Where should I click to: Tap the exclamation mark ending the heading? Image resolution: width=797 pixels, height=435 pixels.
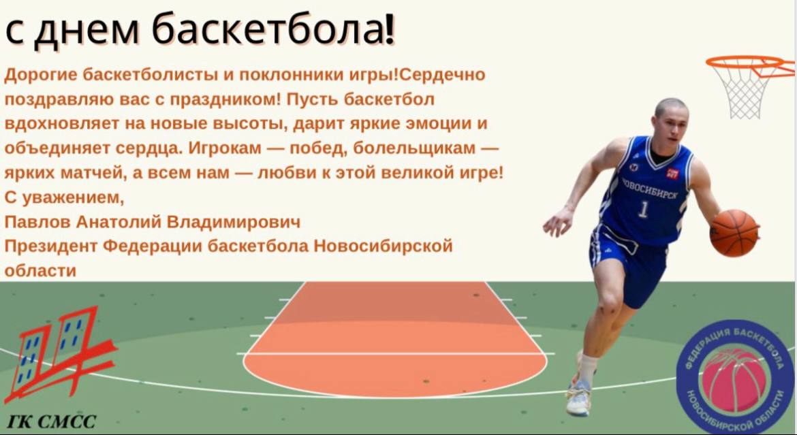point(390,29)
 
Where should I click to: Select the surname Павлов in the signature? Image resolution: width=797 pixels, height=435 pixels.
point(37,222)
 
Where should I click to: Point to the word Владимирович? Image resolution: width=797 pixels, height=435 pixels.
point(233,222)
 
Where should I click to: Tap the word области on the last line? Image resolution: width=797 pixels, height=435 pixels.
point(40,271)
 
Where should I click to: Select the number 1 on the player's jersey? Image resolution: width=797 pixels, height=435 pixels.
point(644,210)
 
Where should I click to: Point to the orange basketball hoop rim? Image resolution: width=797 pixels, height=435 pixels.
point(750,65)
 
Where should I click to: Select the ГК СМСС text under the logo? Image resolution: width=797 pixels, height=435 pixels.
point(51,421)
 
